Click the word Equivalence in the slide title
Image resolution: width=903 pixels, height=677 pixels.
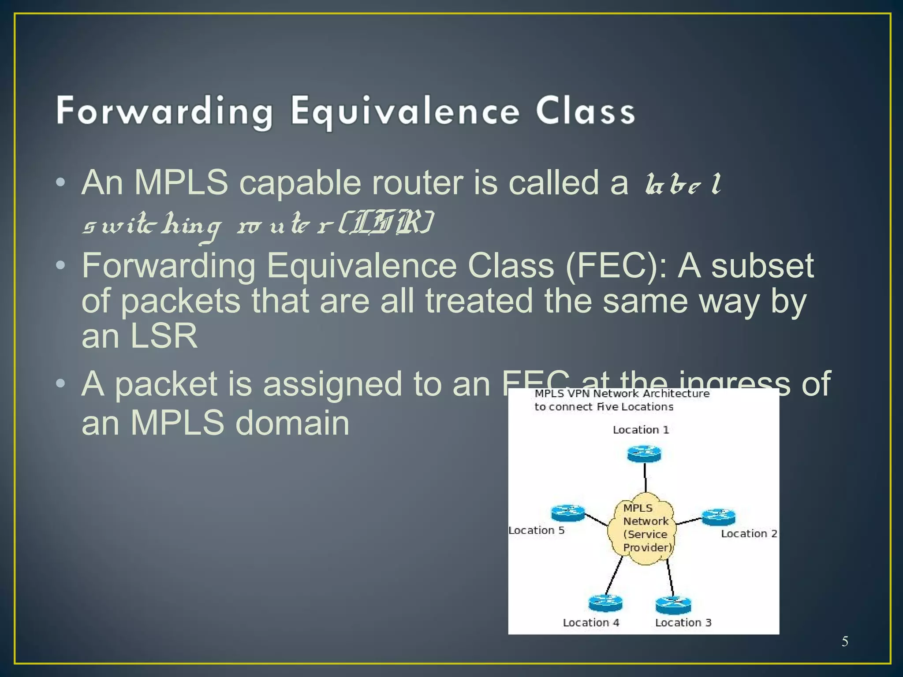coord(405,112)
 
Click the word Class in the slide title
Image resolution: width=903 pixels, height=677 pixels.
coord(585,112)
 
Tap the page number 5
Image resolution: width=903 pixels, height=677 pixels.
coord(845,641)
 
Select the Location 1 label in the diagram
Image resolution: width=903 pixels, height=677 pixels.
coord(641,430)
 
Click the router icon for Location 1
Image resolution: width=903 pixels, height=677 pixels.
coord(644,454)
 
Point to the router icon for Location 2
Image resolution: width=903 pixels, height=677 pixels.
coord(718,517)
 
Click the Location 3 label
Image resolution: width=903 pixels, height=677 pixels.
coord(683,622)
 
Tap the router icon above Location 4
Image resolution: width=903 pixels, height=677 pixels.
coord(605,603)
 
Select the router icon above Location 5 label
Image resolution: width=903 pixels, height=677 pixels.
coord(567,513)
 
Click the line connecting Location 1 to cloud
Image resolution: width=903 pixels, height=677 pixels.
coord(645,477)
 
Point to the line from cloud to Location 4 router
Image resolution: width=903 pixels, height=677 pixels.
coord(614,576)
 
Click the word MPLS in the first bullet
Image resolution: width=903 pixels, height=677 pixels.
coord(181,182)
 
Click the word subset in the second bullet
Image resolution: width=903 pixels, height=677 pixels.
coord(762,266)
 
